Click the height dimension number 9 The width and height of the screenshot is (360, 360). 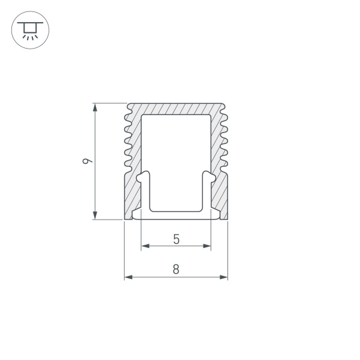point(88,161)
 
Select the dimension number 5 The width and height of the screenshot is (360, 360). point(176,239)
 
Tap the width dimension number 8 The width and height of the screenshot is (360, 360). point(176,269)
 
